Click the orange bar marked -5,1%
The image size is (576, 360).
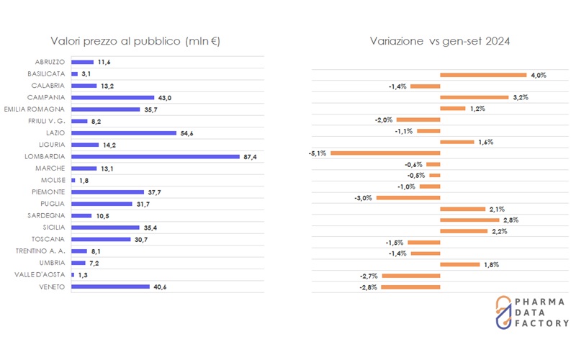tap(385, 153)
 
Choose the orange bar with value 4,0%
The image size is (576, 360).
tap(483, 74)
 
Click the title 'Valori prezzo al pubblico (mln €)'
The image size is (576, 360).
tap(135, 41)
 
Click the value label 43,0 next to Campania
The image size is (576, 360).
tap(164, 97)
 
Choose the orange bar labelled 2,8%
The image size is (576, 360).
tap(469, 220)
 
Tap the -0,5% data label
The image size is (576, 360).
tap(415, 176)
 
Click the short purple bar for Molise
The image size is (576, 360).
tap(73, 180)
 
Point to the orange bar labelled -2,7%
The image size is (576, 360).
tap(410, 276)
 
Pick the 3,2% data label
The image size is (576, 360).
tap(520, 97)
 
